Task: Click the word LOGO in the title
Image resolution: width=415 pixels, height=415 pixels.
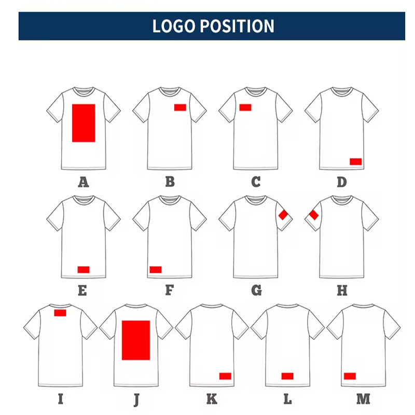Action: [x=174, y=26]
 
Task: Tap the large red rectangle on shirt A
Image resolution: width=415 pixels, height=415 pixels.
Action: [x=84, y=123]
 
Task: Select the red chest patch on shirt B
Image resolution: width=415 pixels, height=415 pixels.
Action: [x=180, y=107]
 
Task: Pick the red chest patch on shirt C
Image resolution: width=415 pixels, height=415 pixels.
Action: [x=245, y=107]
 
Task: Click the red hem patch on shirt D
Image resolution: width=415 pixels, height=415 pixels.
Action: [x=355, y=161]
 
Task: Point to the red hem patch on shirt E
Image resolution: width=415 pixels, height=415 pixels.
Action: [x=84, y=269]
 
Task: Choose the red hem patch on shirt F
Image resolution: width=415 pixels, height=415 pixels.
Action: [x=155, y=269]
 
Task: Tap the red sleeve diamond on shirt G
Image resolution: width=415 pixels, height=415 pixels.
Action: [x=283, y=215]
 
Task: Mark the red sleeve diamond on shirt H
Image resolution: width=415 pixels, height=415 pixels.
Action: [x=313, y=215]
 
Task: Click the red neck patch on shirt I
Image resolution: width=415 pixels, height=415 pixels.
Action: [x=60, y=313]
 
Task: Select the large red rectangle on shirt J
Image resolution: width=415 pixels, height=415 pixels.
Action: [x=136, y=340]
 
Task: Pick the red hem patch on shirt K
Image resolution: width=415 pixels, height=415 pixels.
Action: [x=225, y=376]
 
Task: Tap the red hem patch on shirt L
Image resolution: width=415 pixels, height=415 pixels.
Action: [x=287, y=376]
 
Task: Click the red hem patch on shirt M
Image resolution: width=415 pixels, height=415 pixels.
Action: [x=350, y=376]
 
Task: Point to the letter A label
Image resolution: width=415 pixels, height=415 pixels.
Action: [x=83, y=182]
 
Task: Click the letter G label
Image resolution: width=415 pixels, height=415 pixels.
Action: [x=256, y=290]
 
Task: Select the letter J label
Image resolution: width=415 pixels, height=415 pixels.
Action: [x=136, y=399]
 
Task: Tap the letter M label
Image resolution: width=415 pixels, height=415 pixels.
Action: [x=363, y=399]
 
